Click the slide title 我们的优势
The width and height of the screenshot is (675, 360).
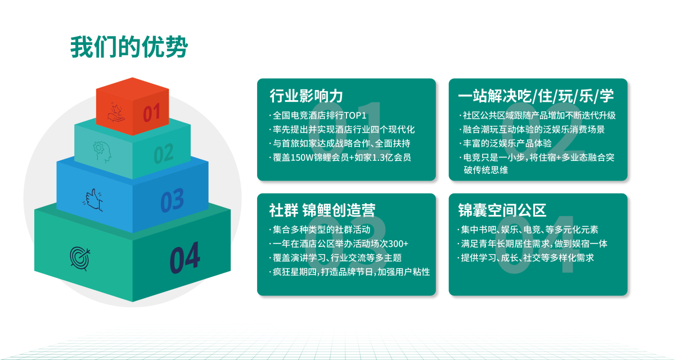(x=129, y=47)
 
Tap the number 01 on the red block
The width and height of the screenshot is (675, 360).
(x=151, y=112)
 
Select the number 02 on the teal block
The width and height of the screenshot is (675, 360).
(x=164, y=154)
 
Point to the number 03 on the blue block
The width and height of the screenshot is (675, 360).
(x=172, y=200)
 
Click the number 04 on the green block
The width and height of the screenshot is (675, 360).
(x=184, y=258)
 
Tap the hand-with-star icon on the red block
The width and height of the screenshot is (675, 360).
(x=116, y=112)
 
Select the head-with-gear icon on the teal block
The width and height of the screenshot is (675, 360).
(x=102, y=152)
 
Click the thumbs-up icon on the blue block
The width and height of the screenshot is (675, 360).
(x=93, y=200)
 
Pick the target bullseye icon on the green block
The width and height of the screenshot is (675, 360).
(x=80, y=258)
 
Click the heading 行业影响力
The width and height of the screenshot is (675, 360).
(x=306, y=96)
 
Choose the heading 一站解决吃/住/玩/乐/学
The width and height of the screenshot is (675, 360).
(x=535, y=96)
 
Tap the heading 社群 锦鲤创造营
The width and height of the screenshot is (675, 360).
(x=322, y=210)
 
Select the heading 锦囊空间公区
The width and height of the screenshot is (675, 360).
(x=502, y=210)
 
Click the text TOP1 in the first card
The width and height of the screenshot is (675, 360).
(x=355, y=115)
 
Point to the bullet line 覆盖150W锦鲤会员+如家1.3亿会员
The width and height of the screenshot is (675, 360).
(x=340, y=157)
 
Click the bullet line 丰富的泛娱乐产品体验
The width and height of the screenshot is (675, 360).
(x=505, y=143)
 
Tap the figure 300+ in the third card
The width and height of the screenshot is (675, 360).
(x=398, y=244)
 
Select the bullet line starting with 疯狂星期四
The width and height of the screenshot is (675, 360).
(x=349, y=272)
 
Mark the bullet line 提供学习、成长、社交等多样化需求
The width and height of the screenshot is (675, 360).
(x=526, y=258)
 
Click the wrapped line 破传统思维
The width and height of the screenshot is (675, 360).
(x=486, y=170)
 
